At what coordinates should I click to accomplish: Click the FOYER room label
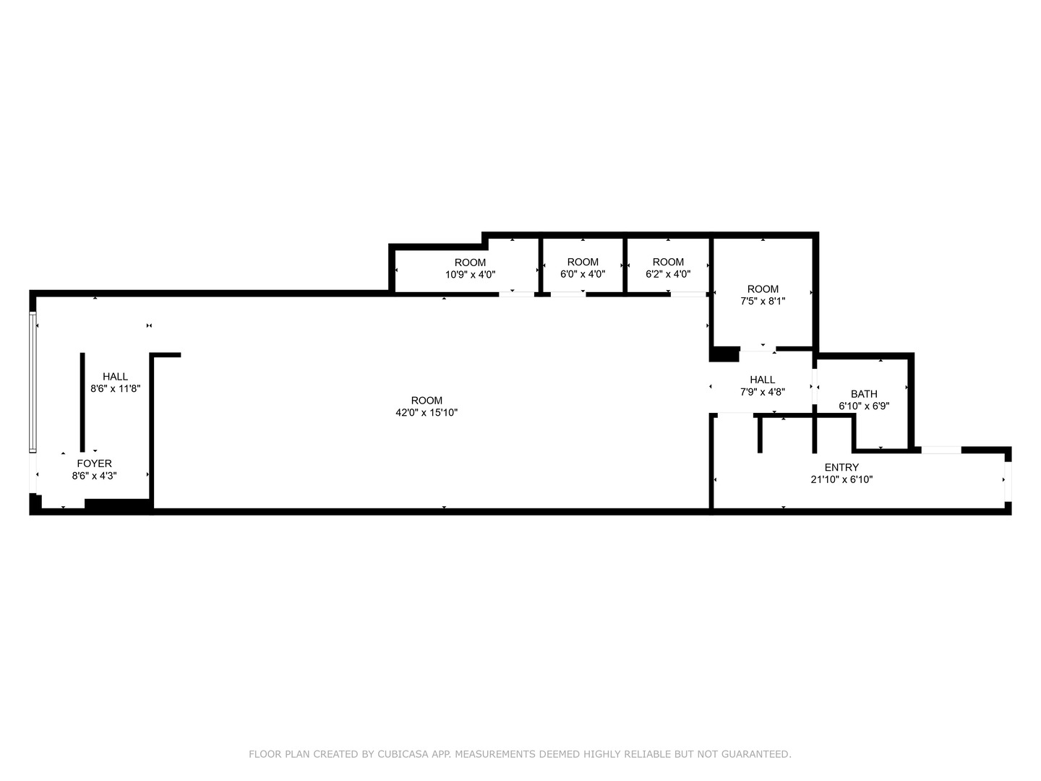(x=94, y=464)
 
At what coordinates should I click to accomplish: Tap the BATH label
(x=864, y=394)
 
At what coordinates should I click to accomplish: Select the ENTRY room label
(x=841, y=467)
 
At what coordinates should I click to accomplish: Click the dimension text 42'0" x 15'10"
(x=427, y=413)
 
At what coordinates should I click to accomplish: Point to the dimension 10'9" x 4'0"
(x=470, y=275)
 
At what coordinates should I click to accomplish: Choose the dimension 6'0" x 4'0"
(x=583, y=275)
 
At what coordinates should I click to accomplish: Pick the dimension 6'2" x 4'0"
(x=668, y=275)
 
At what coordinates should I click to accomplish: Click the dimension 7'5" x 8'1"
(x=763, y=302)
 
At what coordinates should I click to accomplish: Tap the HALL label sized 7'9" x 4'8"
(x=762, y=380)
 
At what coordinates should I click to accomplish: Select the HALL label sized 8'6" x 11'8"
(x=115, y=377)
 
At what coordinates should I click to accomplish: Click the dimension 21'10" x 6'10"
(x=841, y=479)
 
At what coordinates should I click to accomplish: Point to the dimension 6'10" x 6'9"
(x=864, y=406)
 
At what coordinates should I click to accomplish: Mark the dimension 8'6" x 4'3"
(x=94, y=476)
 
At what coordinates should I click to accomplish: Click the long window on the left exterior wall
(x=32, y=381)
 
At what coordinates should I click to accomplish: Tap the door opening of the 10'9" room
(x=517, y=294)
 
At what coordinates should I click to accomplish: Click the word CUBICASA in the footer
(x=401, y=754)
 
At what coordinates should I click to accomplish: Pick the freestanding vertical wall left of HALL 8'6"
(x=82, y=401)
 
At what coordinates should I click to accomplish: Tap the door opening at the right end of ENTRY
(x=1008, y=480)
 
